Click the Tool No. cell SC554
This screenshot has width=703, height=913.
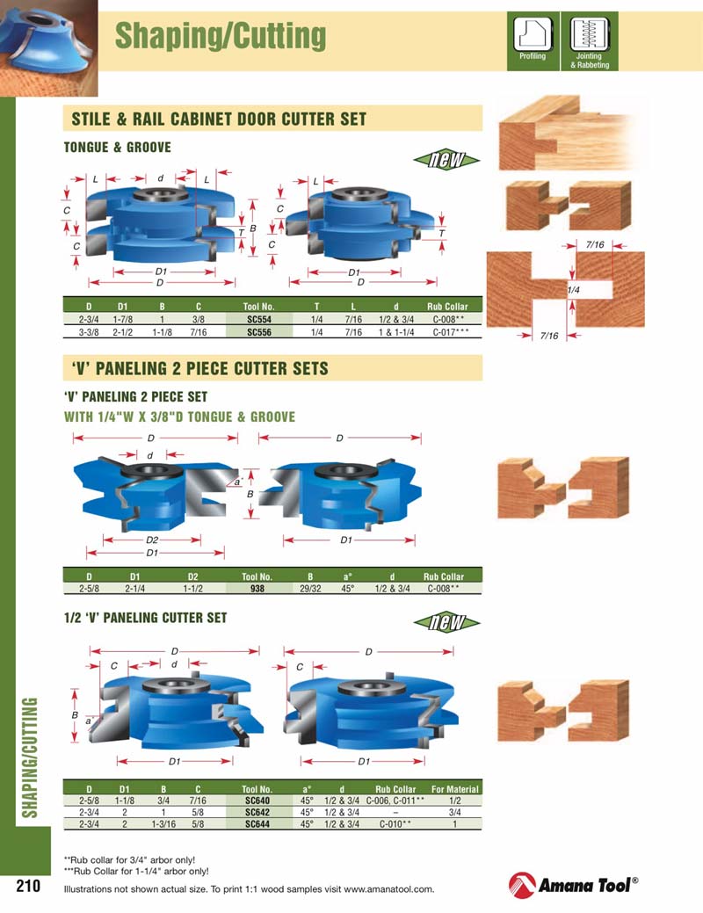click(x=257, y=321)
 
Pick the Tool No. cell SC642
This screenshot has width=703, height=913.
click(x=257, y=813)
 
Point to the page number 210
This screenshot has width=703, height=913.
click(x=29, y=886)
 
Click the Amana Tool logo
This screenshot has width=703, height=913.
click(x=573, y=885)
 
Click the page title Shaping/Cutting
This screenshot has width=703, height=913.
click(x=221, y=36)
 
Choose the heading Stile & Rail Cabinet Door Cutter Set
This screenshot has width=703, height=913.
click(x=219, y=119)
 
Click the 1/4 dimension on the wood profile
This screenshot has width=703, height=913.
click(x=573, y=289)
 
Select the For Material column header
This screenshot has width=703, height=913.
click(x=454, y=789)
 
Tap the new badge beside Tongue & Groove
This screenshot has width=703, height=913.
click(x=447, y=159)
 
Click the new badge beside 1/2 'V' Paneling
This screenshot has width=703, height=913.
click(x=447, y=623)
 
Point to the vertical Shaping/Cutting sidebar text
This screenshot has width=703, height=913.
click(x=29, y=757)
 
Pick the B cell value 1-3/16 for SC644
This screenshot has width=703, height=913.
click(x=163, y=824)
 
